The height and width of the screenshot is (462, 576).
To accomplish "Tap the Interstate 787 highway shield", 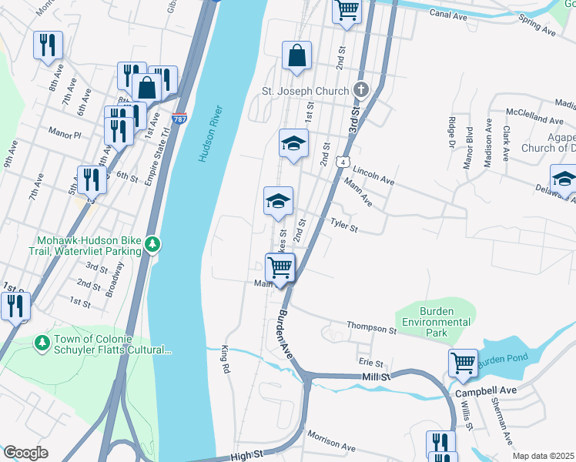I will (179, 119).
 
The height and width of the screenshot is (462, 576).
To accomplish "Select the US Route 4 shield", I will (341, 162).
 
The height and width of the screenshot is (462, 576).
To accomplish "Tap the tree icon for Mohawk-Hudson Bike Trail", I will (153, 244).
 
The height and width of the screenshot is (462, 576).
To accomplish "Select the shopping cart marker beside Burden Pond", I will (463, 362).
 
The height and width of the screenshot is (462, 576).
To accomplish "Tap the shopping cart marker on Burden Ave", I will (280, 268).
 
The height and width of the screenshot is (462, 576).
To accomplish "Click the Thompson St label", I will (371, 328).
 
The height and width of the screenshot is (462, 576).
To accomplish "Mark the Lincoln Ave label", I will (375, 179).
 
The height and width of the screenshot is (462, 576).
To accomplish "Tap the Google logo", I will (25, 452).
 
